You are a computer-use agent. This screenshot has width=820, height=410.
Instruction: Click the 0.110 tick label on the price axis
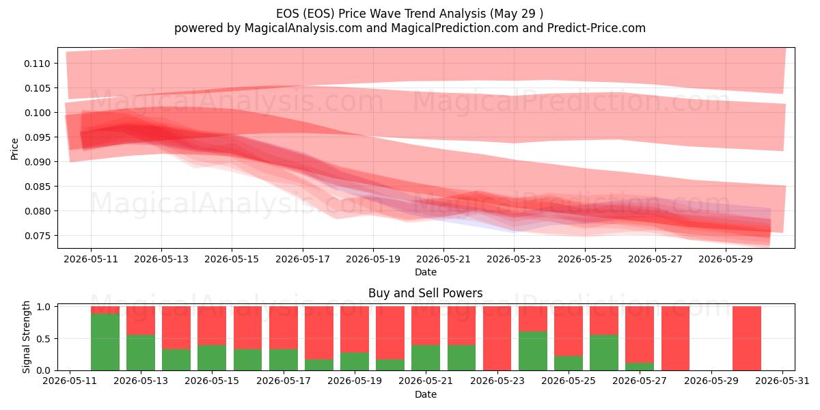tap(37, 64)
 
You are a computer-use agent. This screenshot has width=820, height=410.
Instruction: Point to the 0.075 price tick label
tap(37, 236)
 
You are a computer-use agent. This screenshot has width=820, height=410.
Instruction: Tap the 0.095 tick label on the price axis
tap(37, 137)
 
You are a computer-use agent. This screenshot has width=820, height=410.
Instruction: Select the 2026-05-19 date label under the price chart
tap(373, 259)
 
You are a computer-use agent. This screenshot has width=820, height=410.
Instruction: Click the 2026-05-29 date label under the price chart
tap(726, 259)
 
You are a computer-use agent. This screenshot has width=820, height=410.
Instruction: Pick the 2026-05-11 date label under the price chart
tap(91, 259)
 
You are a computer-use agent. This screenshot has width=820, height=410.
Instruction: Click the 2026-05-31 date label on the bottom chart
tap(782, 381)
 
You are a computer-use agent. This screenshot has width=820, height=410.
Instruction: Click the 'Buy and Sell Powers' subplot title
tap(425, 293)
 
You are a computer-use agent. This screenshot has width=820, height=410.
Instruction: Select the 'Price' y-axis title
tap(14, 149)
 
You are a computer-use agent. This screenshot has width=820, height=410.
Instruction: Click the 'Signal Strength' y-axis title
tap(27, 337)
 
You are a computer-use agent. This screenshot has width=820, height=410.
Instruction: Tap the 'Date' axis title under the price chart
tap(426, 272)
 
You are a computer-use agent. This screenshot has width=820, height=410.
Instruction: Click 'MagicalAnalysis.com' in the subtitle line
tap(303, 28)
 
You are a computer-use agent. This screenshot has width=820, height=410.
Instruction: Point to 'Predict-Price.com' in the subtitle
tap(597, 28)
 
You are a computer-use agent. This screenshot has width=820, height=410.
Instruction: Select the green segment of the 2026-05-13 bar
tap(141, 353)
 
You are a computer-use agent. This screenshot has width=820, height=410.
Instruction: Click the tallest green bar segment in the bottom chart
tap(105, 342)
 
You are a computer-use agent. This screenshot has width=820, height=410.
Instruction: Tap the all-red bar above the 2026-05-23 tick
tap(497, 338)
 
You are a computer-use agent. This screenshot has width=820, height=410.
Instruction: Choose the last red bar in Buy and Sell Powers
tap(747, 338)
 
